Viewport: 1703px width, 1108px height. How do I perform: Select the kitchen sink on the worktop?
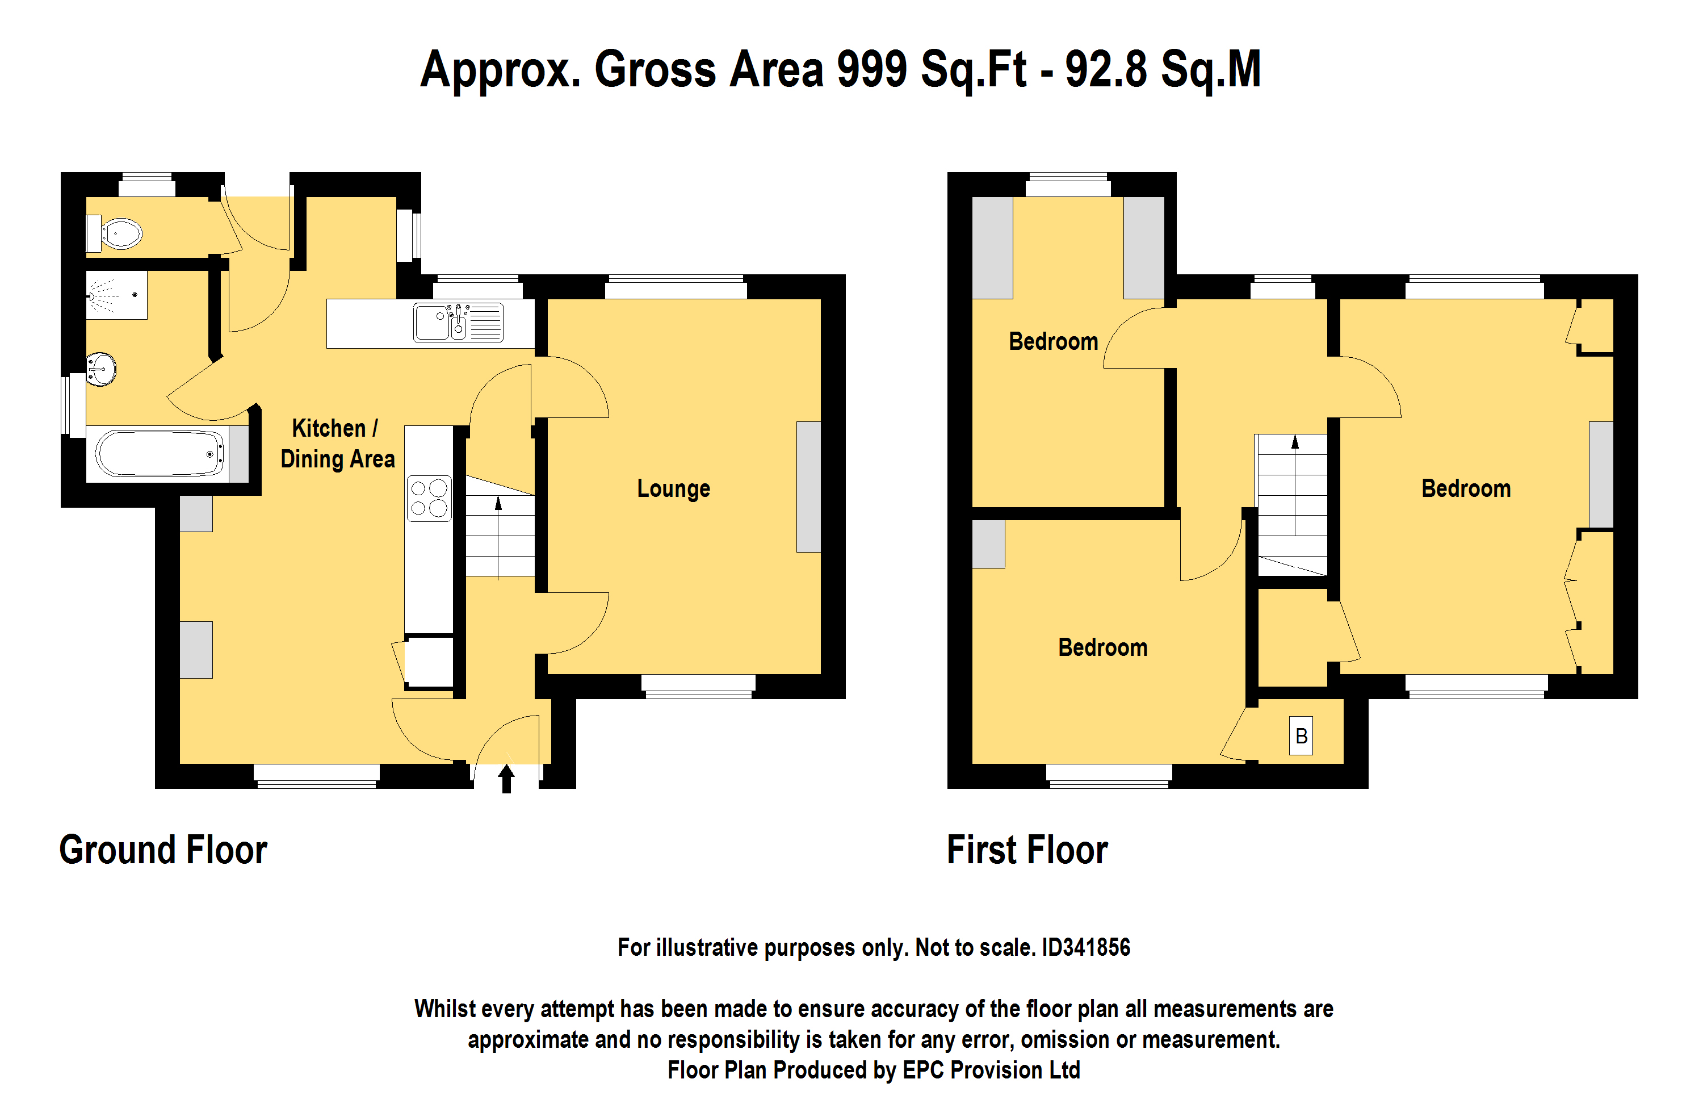458,322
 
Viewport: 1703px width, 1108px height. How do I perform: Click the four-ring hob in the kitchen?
429,498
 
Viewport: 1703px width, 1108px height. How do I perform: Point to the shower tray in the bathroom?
116,295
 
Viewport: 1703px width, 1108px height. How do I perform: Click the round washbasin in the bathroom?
101,369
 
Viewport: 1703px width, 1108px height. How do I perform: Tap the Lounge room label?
673,488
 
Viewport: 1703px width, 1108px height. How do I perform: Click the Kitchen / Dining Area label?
337,444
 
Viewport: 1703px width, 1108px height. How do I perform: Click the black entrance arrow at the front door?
506,779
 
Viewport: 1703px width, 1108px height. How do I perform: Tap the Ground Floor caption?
163,850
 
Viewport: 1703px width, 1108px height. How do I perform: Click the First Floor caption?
1027,850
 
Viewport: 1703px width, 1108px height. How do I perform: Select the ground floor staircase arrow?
499,537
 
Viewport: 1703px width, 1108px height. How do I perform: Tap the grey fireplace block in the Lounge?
808,487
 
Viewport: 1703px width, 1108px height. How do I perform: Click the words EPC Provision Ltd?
992,1070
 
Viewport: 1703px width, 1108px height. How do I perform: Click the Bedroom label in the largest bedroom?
1466,488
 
